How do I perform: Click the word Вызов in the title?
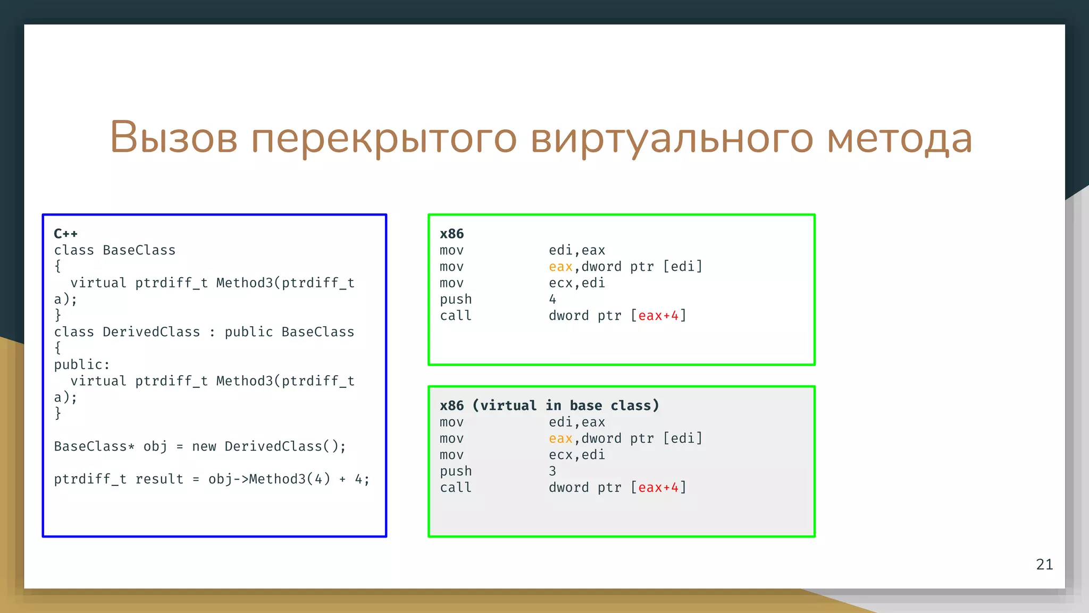coord(173,138)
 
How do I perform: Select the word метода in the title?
coord(900,138)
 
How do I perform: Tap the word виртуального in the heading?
coord(672,138)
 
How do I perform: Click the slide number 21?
coord(1044,565)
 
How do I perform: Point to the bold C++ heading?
coord(66,234)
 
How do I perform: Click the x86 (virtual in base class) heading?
coord(549,405)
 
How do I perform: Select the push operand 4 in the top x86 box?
coord(552,300)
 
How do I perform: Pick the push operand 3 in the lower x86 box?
coord(552,471)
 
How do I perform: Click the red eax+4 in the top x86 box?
coord(658,316)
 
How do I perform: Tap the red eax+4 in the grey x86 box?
coord(658,488)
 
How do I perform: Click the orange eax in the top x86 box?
coord(560,267)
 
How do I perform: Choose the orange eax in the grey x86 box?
coord(560,438)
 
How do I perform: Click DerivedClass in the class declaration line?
coord(151,332)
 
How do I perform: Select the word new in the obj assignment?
coord(204,446)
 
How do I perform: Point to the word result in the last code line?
coord(159,479)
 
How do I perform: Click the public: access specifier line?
coord(81,365)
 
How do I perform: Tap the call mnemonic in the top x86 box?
coord(455,316)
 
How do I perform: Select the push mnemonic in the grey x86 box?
coord(455,471)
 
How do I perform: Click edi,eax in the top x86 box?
coord(576,251)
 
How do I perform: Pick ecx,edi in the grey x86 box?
coord(576,455)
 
